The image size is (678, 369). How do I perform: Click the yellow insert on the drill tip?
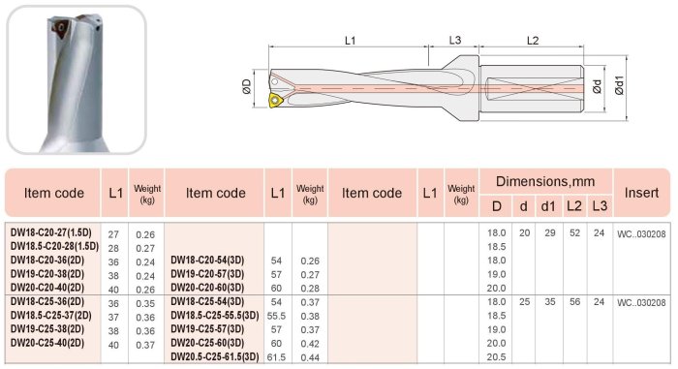pyautogui.click(x=275, y=101)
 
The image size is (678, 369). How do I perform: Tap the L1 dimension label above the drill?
pyautogui.click(x=351, y=41)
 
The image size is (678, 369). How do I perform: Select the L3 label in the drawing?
pyautogui.click(x=455, y=41)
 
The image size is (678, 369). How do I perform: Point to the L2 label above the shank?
pyautogui.click(x=533, y=41)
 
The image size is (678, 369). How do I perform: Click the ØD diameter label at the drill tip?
pyautogui.click(x=246, y=86)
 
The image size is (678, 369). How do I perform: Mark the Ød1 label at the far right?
pyautogui.click(x=619, y=85)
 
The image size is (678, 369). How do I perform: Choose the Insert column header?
pyautogui.click(x=641, y=193)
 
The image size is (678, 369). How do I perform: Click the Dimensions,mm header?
pyautogui.click(x=545, y=181)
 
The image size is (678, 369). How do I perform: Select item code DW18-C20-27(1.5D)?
pyautogui.click(x=51, y=232)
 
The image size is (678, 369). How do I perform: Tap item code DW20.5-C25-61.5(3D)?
pyautogui.click(x=215, y=356)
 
